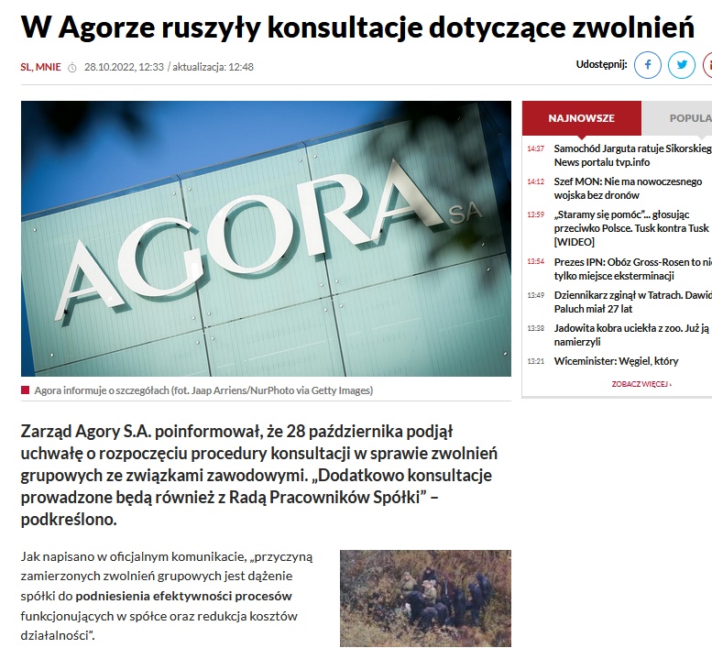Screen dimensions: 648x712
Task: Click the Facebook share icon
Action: pos(648,65)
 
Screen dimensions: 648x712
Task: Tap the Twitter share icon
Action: pos(681,65)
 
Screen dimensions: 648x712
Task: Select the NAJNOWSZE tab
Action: pos(581,118)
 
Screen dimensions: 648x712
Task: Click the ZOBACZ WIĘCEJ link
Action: pos(641,384)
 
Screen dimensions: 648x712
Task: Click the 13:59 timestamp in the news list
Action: pos(535,214)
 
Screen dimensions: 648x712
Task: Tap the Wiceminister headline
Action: pos(616,361)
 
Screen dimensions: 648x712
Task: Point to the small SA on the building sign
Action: pos(466,215)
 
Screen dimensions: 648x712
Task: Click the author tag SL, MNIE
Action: pos(40,67)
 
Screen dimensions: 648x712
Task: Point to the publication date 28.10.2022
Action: pos(110,67)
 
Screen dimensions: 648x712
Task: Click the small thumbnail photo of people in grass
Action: pos(425,599)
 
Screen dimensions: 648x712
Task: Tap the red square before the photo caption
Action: pos(25,390)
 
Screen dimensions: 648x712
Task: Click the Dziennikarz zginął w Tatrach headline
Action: pos(630,302)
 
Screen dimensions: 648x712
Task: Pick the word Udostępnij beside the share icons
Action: pos(601,64)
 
